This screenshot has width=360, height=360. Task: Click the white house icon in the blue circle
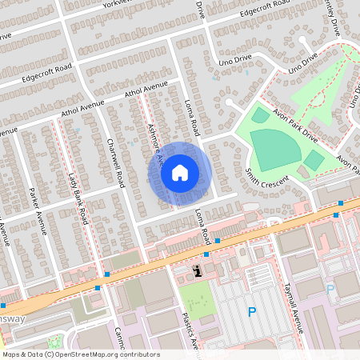[180, 172]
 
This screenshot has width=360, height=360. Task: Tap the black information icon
[197, 271]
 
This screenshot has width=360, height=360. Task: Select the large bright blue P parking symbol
[253, 312]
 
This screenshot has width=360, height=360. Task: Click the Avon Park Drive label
[294, 126]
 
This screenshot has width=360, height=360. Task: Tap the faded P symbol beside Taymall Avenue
[330, 290]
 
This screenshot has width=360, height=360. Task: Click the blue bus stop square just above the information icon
[206, 254]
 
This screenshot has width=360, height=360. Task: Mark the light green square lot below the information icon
[196, 298]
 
